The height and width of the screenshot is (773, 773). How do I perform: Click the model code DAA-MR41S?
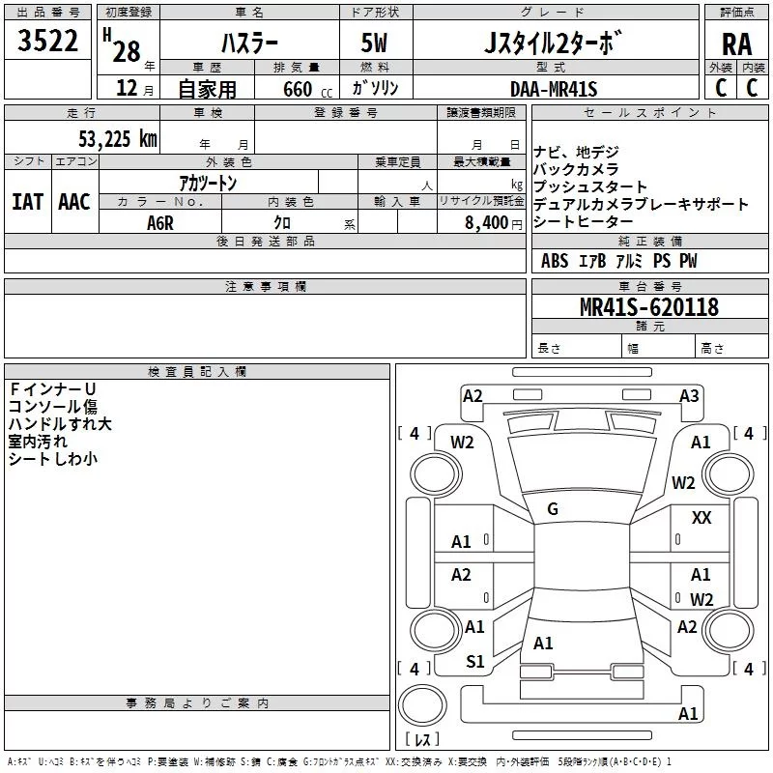(x=554, y=89)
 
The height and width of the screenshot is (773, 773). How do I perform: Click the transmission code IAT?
(x=27, y=202)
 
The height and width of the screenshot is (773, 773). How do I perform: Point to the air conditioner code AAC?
(x=73, y=202)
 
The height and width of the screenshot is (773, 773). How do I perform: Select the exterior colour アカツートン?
(x=208, y=182)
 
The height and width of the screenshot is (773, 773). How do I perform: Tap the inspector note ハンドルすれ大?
(x=60, y=424)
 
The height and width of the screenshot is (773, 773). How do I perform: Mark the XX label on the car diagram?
(x=701, y=519)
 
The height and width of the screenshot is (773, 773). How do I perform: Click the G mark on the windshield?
(x=553, y=509)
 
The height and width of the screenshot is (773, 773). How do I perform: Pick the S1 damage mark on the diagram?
(x=474, y=661)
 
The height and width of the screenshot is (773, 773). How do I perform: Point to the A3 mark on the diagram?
(x=689, y=395)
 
